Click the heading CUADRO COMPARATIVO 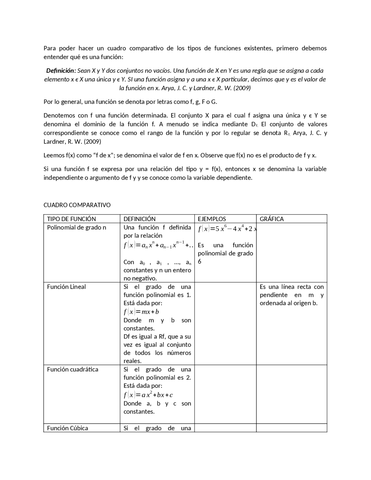77,205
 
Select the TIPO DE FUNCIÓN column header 71,219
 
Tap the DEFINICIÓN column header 139,219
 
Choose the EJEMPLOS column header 212,219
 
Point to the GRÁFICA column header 272,219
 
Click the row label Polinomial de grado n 77,227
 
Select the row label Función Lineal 66,287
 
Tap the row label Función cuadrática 72,369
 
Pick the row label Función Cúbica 68,428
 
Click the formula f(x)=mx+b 141,312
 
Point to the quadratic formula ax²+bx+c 148,395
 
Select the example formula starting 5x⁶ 227,229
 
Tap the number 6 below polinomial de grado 199,261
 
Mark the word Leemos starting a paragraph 52,155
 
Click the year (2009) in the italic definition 242,88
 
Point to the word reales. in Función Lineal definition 132,361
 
